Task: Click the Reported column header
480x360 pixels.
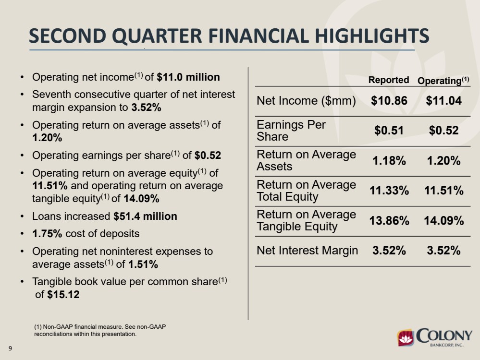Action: (x=389, y=80)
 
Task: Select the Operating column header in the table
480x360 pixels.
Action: (x=443, y=81)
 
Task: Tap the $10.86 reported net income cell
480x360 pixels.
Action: (x=389, y=101)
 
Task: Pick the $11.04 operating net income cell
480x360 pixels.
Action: (x=443, y=101)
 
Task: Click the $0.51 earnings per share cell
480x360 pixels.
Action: (x=389, y=131)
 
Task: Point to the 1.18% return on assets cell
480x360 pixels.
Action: (x=389, y=161)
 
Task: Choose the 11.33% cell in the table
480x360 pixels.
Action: (x=389, y=191)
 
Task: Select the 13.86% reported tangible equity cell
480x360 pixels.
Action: (x=389, y=220)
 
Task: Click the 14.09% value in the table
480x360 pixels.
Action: (x=443, y=220)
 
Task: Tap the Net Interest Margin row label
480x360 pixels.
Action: (x=307, y=250)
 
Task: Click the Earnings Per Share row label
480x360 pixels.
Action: (x=291, y=131)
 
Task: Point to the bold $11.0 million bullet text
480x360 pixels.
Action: (x=188, y=77)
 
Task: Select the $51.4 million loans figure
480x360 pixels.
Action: (x=145, y=216)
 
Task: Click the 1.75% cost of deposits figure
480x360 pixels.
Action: (x=47, y=234)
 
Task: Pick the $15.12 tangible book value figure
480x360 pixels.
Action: (x=63, y=295)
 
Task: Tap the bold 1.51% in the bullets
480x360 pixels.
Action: (x=143, y=264)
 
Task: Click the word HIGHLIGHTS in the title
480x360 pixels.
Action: (x=372, y=36)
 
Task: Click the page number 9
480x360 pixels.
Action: (x=11, y=348)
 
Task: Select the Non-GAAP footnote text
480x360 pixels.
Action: (x=100, y=330)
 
